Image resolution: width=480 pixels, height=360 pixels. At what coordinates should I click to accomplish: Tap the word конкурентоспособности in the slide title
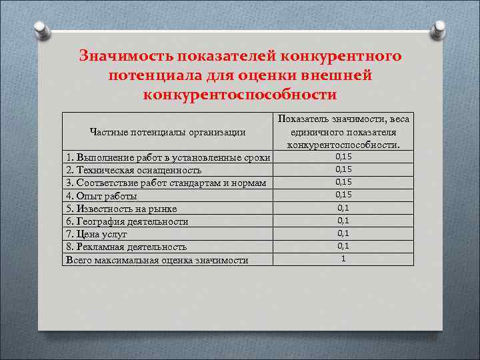[x=240, y=94]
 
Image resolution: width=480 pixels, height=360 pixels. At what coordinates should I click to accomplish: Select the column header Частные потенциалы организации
[x=167, y=132]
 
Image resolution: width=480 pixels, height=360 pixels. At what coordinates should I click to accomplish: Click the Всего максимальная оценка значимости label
[x=157, y=259]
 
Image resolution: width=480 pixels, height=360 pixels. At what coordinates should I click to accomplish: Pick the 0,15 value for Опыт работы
[x=343, y=195]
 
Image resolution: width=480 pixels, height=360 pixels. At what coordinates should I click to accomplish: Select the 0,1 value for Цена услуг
[x=343, y=233]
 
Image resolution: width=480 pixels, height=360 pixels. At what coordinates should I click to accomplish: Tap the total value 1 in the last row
[x=343, y=258]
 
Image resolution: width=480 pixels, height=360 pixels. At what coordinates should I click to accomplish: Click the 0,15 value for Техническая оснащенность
[x=343, y=169]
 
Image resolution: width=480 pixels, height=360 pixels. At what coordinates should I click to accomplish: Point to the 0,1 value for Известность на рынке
[x=343, y=207]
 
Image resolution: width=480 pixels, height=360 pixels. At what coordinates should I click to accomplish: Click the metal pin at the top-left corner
[x=41, y=30]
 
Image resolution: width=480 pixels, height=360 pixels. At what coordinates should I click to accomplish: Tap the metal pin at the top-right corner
[x=439, y=30]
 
